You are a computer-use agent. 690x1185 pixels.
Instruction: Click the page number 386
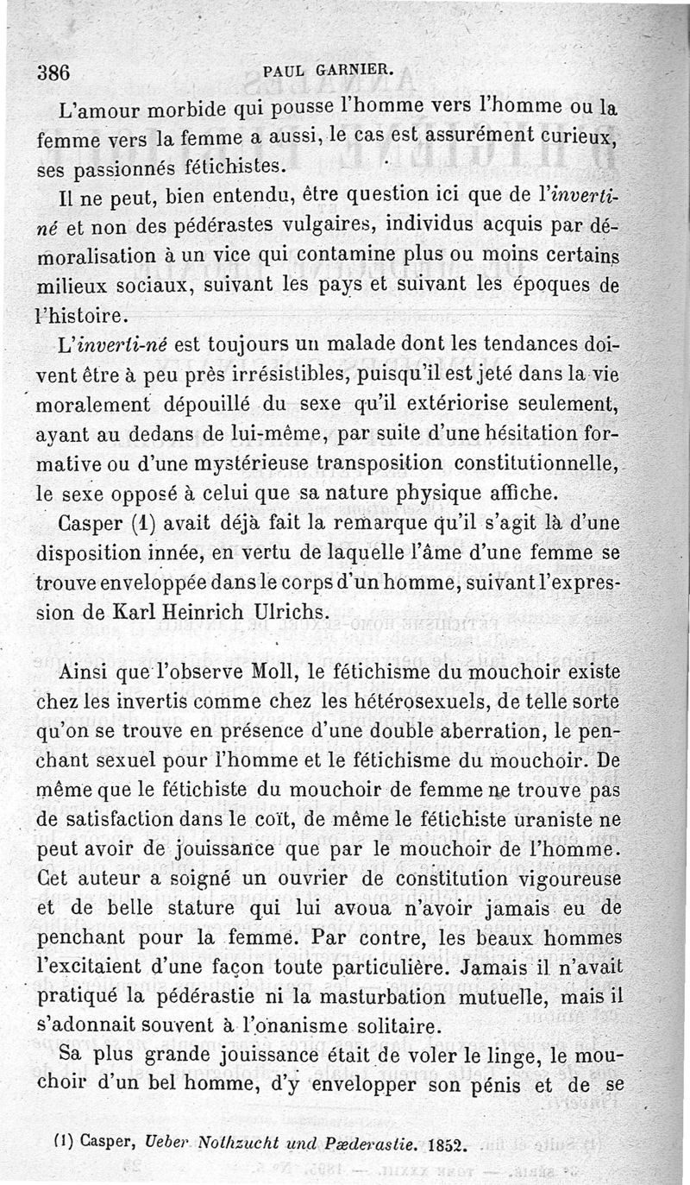(x=53, y=72)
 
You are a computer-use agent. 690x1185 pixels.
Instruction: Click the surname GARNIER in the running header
(x=355, y=72)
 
